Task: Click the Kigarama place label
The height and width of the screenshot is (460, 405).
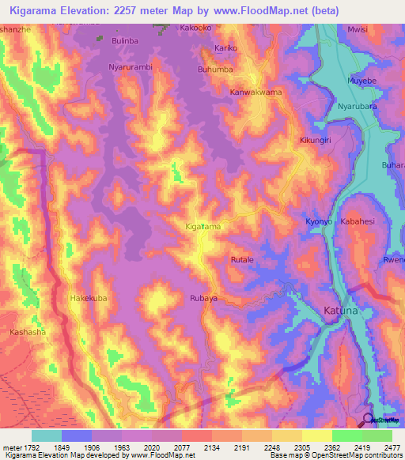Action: [x=202, y=227]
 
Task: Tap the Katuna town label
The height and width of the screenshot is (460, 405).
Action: [x=342, y=311]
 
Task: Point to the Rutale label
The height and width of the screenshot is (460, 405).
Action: [x=241, y=259]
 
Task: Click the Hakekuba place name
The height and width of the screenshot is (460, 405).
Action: [x=89, y=298]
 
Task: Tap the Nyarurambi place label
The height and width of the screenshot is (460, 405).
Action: [x=131, y=67]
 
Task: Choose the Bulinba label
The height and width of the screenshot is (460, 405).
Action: [x=125, y=40]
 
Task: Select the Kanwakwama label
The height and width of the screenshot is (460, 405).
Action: [x=255, y=92]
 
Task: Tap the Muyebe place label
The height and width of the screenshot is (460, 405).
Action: [x=361, y=81]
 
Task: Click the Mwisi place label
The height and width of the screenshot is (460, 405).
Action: [x=358, y=29]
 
